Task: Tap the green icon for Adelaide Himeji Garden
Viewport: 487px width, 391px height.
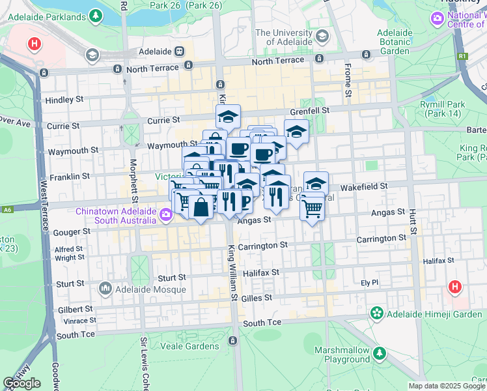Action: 376,313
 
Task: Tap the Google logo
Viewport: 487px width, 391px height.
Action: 21,383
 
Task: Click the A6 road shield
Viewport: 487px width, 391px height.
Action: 7,209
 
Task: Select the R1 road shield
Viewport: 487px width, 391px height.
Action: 462,56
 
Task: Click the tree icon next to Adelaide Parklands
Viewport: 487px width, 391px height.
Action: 96,15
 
